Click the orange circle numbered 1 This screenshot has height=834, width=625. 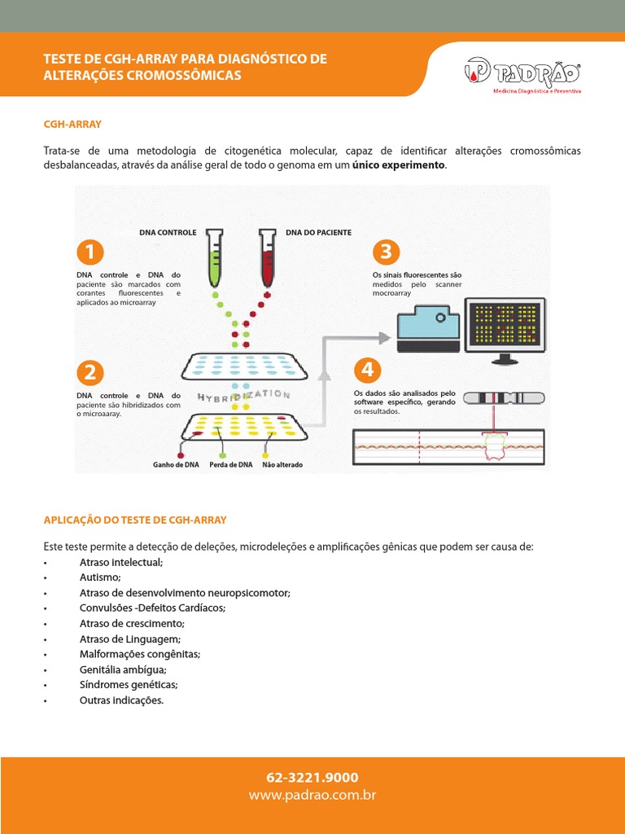[x=90, y=252]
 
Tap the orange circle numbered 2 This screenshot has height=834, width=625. [x=90, y=373]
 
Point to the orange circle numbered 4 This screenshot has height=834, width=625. [x=368, y=371]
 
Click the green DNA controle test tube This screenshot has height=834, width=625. [x=214, y=257]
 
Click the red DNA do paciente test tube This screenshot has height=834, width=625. [x=265, y=257]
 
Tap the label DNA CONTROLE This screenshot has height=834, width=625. [x=168, y=232]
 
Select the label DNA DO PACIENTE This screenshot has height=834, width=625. [x=318, y=232]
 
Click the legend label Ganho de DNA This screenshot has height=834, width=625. [x=176, y=465]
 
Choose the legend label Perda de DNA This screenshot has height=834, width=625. [x=230, y=465]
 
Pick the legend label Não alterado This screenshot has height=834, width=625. [x=282, y=465]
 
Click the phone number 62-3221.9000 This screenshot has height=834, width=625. [x=312, y=778]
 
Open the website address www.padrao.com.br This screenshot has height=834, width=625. [x=312, y=795]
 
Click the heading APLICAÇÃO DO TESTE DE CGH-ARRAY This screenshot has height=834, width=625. [x=135, y=520]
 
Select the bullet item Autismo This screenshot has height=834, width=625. [x=100, y=577]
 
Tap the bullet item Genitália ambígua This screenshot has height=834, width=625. [x=123, y=669]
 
